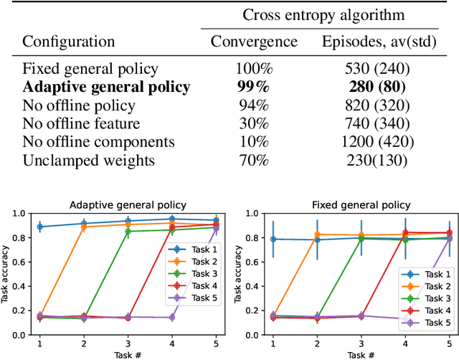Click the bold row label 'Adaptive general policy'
coord(106,87)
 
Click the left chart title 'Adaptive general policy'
coord(128,205)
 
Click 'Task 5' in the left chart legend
coord(189,296)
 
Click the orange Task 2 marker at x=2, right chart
coord(317,235)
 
